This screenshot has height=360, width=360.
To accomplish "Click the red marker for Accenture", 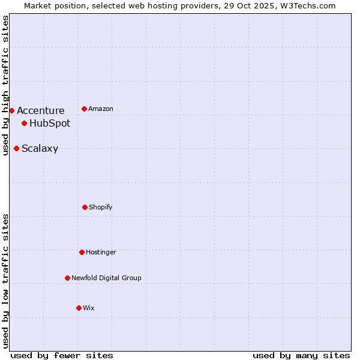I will click(x=11, y=110).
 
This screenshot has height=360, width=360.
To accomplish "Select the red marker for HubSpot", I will click(x=24, y=124).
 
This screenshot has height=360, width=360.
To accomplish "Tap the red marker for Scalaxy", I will click(x=16, y=148).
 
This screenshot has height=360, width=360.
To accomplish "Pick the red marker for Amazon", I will click(x=84, y=109).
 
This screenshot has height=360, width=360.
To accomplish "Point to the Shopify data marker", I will click(x=85, y=207).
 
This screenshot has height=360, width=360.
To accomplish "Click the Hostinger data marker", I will click(x=82, y=252).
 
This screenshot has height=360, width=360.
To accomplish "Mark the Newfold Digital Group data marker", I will click(x=67, y=278).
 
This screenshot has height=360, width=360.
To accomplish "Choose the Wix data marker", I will click(x=79, y=308).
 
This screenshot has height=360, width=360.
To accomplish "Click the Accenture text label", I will click(x=40, y=110).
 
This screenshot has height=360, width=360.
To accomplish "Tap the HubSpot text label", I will click(x=50, y=124).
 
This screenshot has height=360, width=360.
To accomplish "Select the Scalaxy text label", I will click(x=40, y=149).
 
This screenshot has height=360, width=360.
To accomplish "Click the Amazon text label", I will click(x=101, y=109).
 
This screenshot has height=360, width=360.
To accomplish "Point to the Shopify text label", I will click(x=101, y=207).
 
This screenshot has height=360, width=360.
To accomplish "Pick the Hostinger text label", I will click(x=101, y=252).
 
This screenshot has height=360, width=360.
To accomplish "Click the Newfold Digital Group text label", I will click(x=106, y=278).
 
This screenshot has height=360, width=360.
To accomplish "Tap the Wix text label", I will click(x=89, y=308).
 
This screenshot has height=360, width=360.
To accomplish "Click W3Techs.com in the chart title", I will click(x=305, y=5).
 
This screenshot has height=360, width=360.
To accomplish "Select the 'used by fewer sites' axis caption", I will click(x=62, y=355).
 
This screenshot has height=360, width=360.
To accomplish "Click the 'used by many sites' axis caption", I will click(x=301, y=355).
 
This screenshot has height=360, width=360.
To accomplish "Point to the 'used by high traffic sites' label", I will click(x=5, y=85).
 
